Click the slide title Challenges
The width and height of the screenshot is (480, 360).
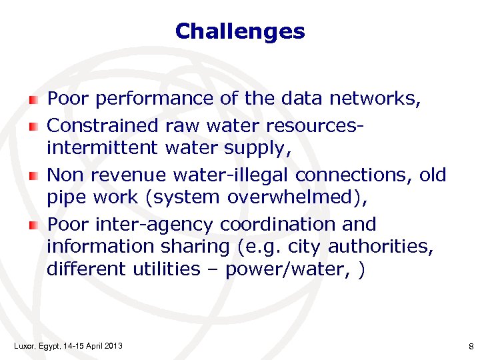pyautogui.click(x=240, y=31)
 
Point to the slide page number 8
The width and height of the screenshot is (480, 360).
pyautogui.click(x=471, y=345)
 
